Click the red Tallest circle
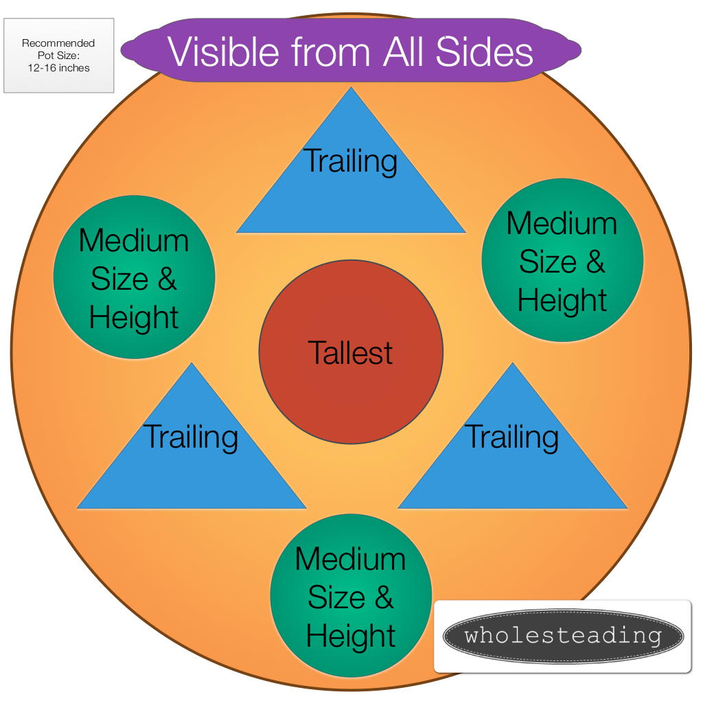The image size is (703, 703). click(x=351, y=352)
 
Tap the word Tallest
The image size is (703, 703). click(x=350, y=353)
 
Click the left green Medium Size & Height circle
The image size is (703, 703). click(x=134, y=277)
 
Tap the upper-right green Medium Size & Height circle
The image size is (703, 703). click(x=563, y=260)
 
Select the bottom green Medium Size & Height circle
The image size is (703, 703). click(x=351, y=595)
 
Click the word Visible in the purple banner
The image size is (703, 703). click(x=223, y=52)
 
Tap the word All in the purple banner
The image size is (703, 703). click(x=403, y=52)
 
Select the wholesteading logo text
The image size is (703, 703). click(x=563, y=636)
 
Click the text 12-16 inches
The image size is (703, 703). click(x=59, y=68)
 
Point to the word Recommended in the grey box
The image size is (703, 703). click(x=58, y=43)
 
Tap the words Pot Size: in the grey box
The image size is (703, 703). click(x=59, y=56)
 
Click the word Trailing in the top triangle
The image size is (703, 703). click(x=350, y=161)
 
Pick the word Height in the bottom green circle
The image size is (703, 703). click(x=351, y=636)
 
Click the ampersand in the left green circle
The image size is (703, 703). click(x=167, y=279)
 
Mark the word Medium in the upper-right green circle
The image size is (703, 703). click(x=562, y=223)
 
